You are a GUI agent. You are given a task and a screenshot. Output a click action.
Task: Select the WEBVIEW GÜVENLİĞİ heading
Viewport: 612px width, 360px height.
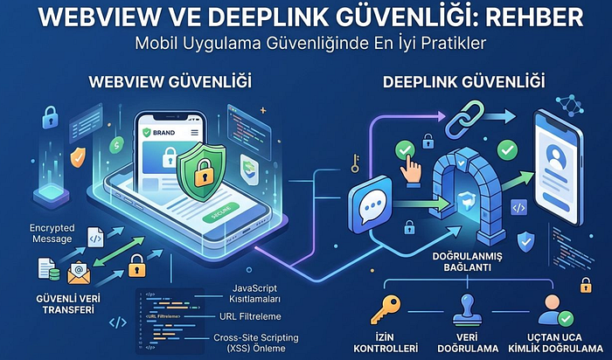pyautogui.click(x=170, y=82)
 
